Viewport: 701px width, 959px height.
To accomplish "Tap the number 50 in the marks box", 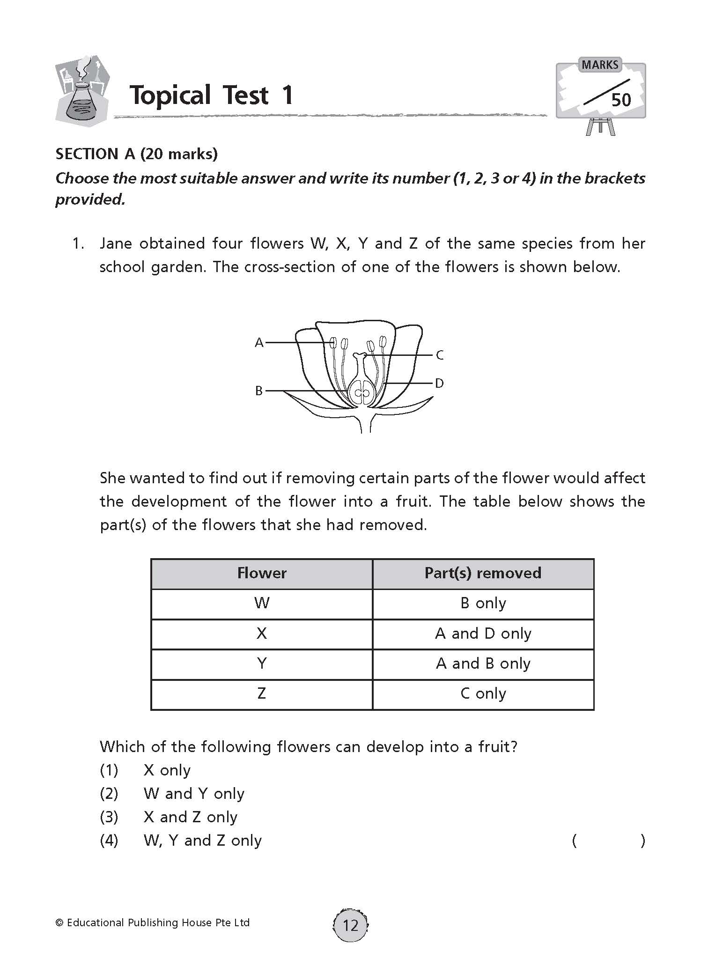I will pos(621,100).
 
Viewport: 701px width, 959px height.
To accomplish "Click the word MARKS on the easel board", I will pos(600,65).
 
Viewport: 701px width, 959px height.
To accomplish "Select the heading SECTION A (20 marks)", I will pos(136,154).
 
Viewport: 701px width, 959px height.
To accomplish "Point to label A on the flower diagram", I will pos(259,343).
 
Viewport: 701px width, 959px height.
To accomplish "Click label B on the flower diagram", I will pos(259,391).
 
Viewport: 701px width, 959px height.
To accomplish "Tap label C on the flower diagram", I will pos(439,355).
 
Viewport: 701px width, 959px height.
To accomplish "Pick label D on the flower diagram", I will pos(439,384).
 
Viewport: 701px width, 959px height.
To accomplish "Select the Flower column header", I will pos(261,573).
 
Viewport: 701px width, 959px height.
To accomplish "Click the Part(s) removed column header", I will pos(483,573).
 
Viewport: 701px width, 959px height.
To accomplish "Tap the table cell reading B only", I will pos(483,603).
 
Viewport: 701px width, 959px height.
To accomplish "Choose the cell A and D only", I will pos(483,634).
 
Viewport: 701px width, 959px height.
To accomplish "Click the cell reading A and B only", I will pos(483,664).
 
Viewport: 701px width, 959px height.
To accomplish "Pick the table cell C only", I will pos(483,693).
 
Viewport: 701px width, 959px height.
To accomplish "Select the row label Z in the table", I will pos(261,693).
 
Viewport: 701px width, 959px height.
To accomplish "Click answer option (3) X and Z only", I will pos(190,817).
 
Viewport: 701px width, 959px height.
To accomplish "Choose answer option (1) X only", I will pos(166,770).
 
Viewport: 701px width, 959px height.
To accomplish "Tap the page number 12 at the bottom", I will pos(350,925).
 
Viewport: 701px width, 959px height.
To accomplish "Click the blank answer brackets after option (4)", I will pos(608,841).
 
